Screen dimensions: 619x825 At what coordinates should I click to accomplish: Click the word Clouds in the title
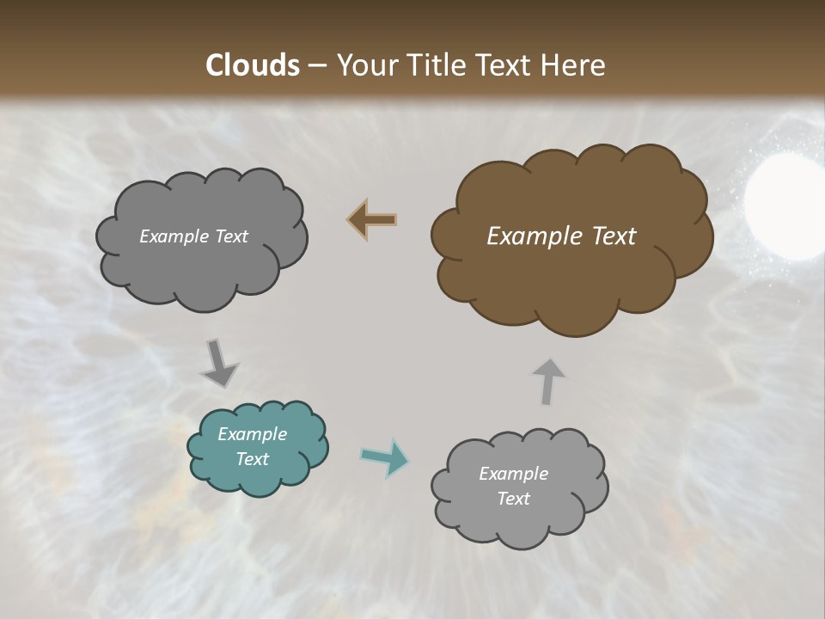pyautogui.click(x=253, y=65)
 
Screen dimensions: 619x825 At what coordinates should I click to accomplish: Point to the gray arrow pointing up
pyautogui.click(x=547, y=381)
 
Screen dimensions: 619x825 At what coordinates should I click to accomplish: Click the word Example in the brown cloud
pyautogui.click(x=527, y=236)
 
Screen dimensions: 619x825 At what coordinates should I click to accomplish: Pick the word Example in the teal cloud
pyautogui.click(x=252, y=434)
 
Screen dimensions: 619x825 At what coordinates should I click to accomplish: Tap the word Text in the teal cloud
pyautogui.click(x=252, y=459)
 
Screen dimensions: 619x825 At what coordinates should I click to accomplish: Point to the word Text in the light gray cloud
pyautogui.click(x=513, y=499)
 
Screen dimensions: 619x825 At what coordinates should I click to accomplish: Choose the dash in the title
pyautogui.click(x=317, y=66)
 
